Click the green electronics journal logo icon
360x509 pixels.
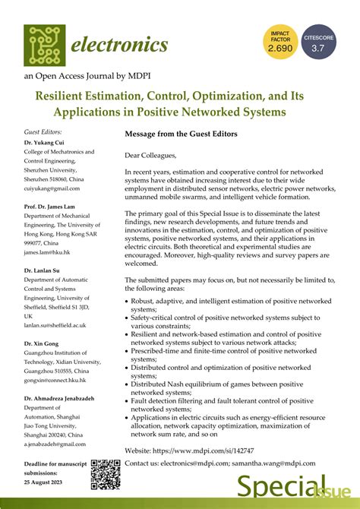[x=44, y=45]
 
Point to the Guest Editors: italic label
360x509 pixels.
[x=43, y=131]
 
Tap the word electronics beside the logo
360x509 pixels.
[x=119, y=45]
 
